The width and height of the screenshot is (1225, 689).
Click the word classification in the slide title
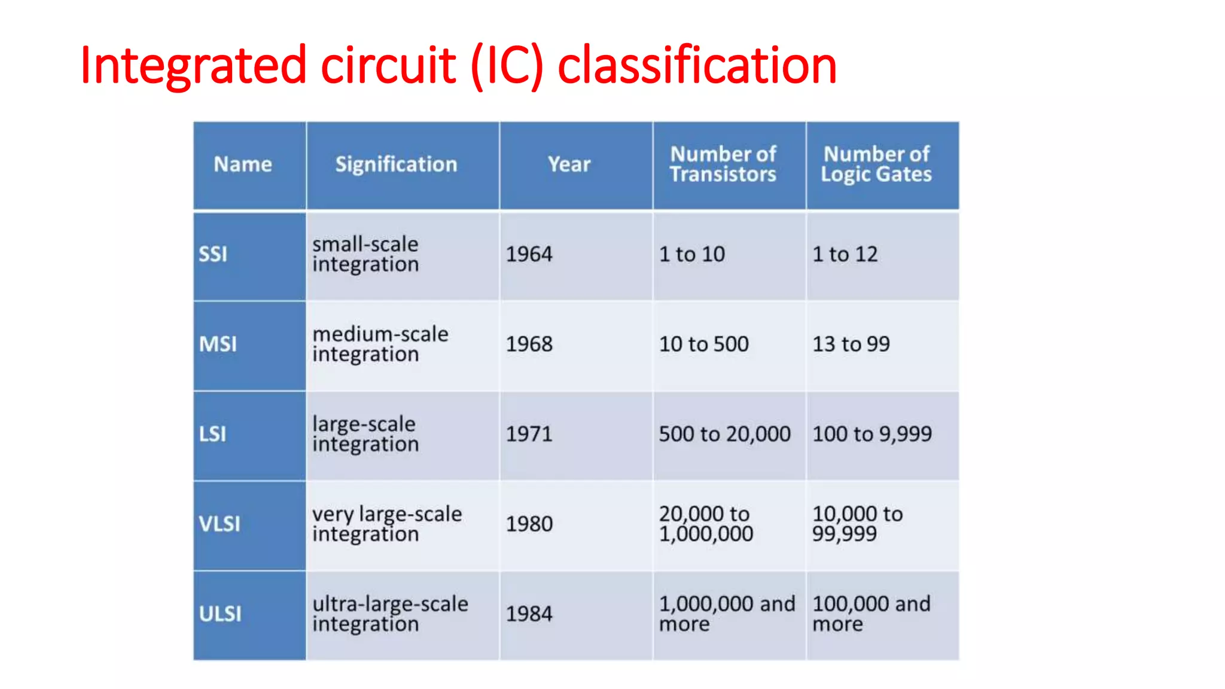697,65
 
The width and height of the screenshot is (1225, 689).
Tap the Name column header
243,164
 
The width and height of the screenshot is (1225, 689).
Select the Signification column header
396,164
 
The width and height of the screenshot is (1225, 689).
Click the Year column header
569,164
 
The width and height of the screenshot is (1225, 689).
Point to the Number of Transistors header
723,164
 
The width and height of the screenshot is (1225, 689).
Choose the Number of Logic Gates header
876,164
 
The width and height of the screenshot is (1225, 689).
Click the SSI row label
213,254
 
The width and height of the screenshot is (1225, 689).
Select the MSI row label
218,344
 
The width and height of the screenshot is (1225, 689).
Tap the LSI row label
212,434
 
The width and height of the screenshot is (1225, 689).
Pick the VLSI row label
220,524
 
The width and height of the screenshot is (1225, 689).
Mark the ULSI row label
220,614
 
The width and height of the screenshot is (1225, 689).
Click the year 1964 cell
529,254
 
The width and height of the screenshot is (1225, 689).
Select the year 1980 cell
529,524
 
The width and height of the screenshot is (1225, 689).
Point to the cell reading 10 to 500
704,344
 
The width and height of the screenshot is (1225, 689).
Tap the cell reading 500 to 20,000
725,434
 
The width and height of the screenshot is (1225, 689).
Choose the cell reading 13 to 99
851,344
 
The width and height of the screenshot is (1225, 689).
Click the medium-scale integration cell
380,344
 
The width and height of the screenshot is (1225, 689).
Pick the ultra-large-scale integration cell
390,614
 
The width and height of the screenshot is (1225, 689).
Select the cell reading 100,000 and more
871,614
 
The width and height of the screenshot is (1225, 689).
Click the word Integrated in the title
194,65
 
